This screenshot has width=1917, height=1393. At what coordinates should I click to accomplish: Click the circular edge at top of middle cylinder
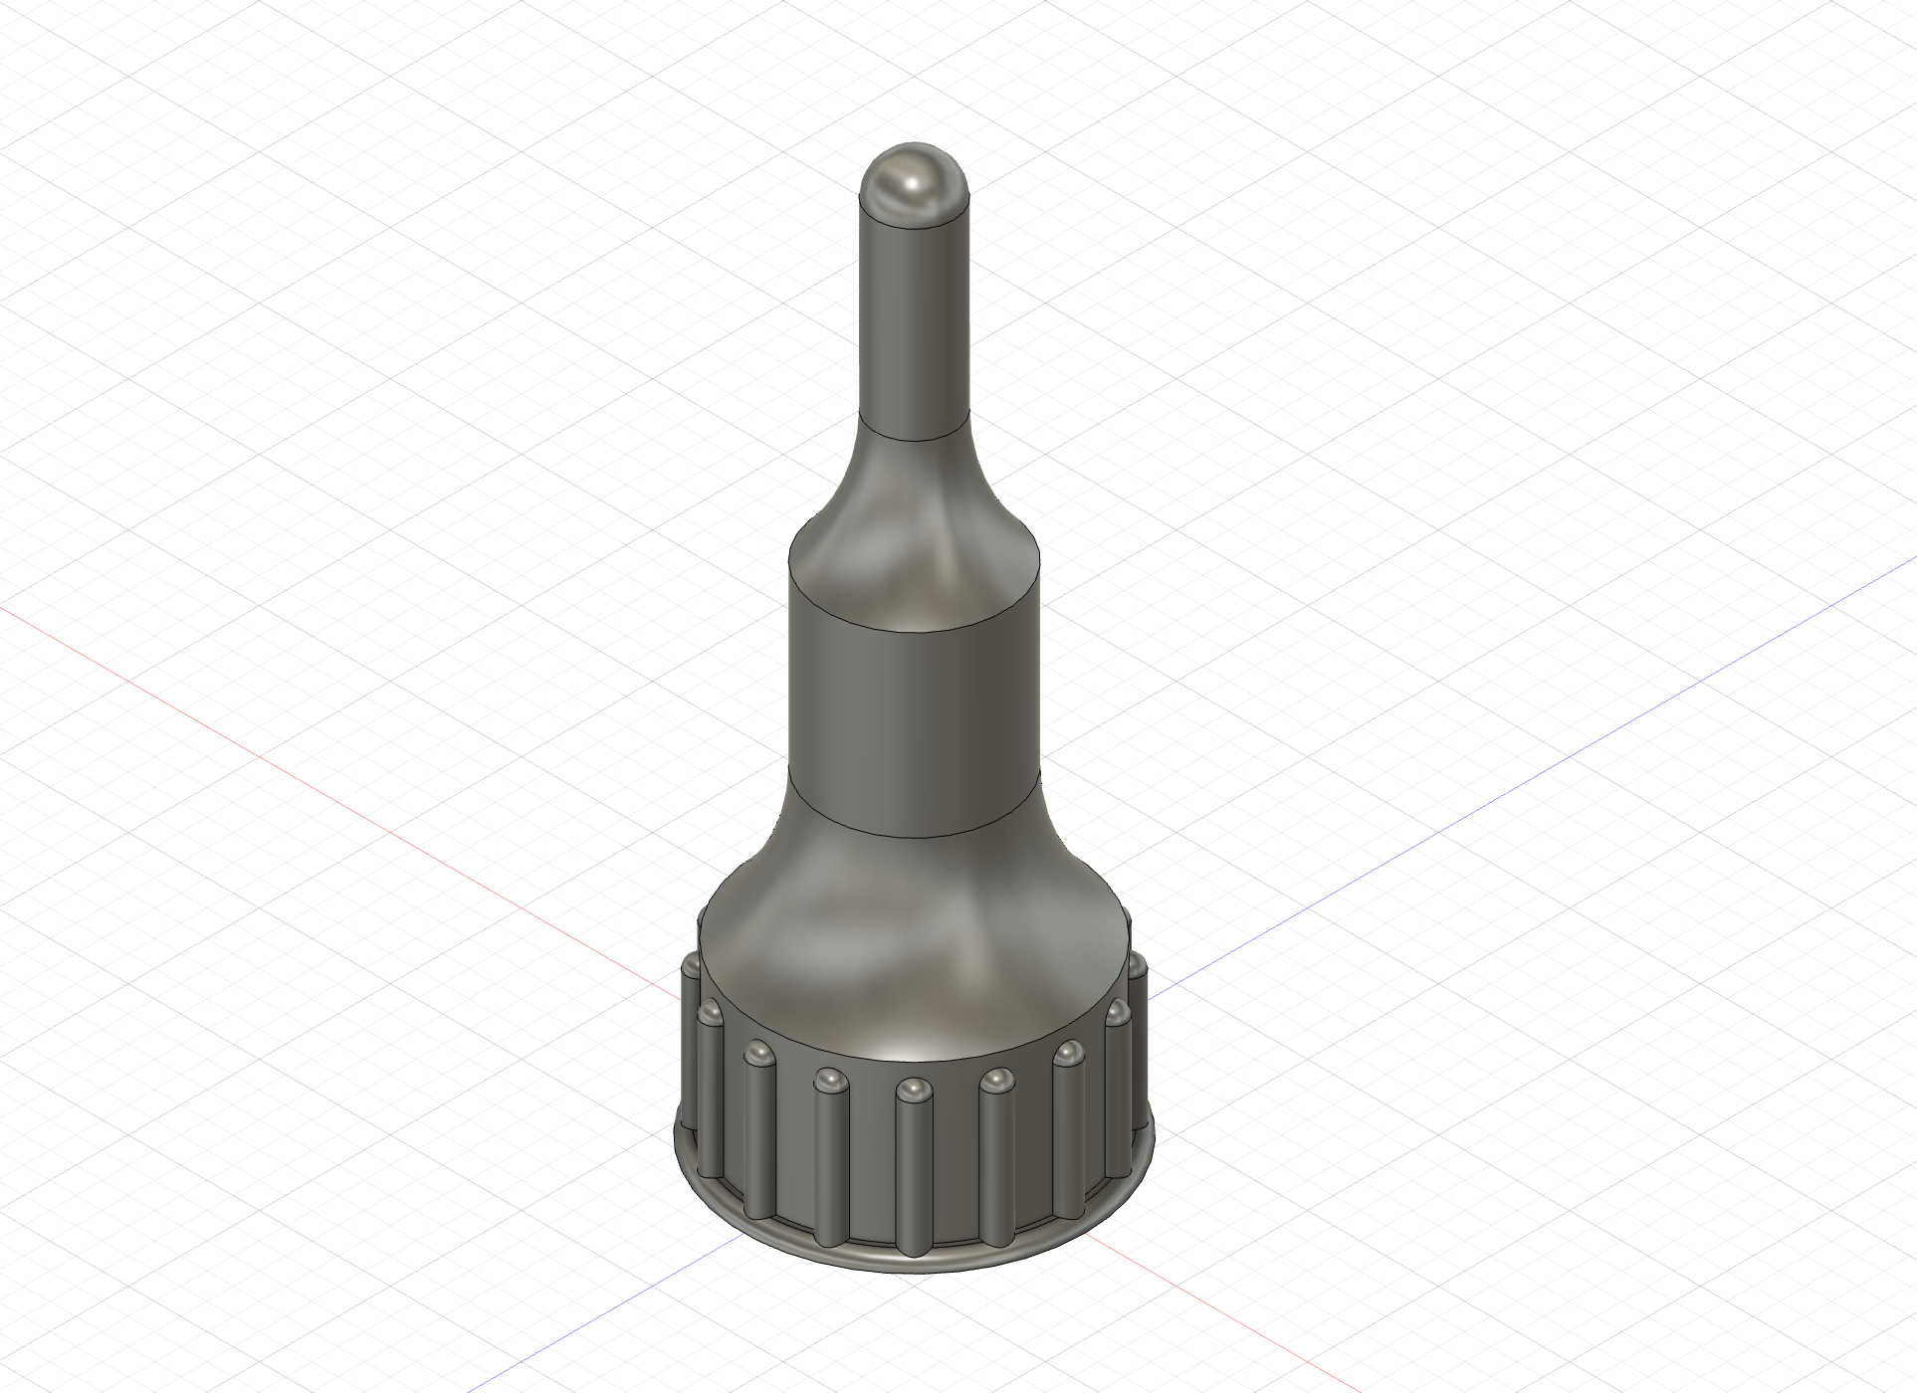(914, 629)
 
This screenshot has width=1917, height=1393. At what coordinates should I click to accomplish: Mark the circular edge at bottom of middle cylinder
(914, 836)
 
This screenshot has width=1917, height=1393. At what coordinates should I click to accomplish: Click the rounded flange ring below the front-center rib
(912, 1261)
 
